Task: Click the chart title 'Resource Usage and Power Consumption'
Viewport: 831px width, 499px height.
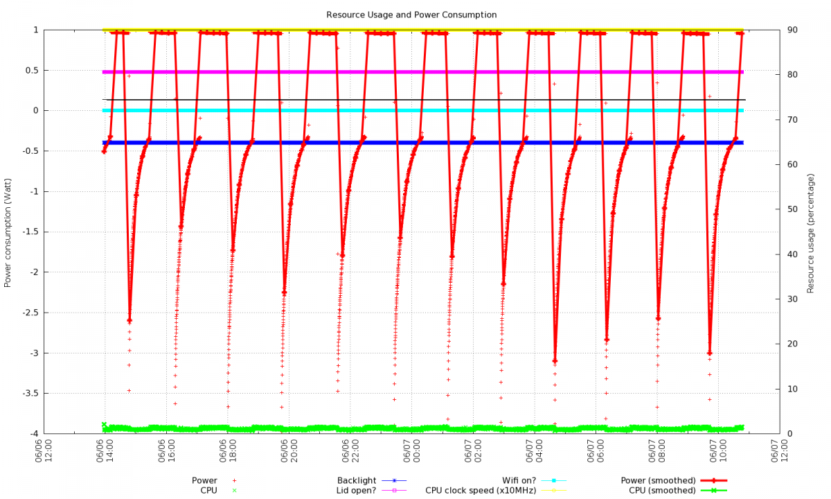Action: point(411,15)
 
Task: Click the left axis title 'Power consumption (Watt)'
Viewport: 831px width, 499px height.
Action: point(8,231)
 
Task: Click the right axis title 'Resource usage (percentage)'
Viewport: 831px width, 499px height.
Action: point(810,231)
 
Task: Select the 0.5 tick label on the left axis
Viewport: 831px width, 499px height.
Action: point(30,70)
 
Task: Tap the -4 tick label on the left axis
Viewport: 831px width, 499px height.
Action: point(33,434)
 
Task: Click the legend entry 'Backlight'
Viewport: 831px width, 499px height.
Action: point(357,480)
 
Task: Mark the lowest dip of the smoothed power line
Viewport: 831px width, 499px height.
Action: point(555,360)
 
